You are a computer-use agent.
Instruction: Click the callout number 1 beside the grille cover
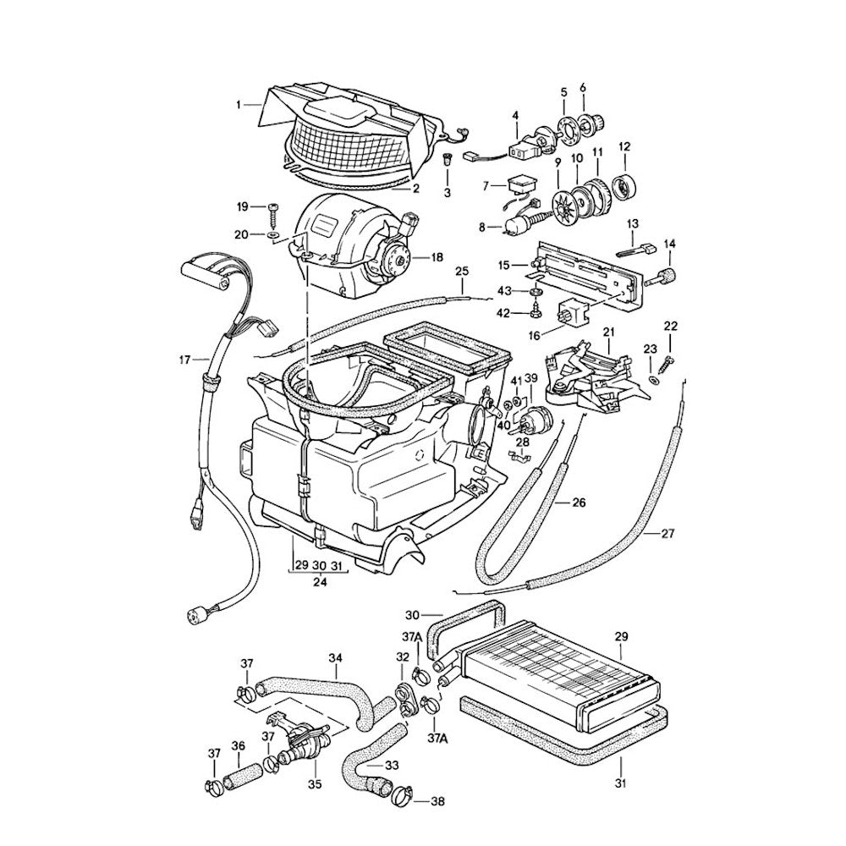(x=239, y=105)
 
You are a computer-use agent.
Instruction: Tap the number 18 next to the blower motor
(x=437, y=257)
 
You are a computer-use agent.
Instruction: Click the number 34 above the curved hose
(x=335, y=657)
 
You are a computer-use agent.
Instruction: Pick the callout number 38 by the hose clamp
(x=437, y=800)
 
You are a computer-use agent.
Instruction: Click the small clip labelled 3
(x=448, y=158)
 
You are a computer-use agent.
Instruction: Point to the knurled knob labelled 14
(x=668, y=275)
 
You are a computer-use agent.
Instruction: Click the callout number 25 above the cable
(x=461, y=272)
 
